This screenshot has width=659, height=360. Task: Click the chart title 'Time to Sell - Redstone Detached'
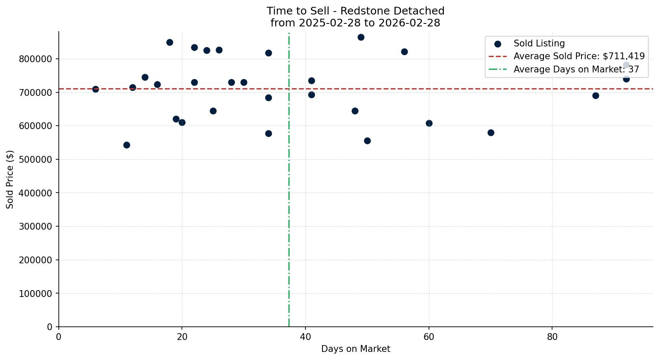pos(355,11)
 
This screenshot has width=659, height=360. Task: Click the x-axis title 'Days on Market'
pos(355,349)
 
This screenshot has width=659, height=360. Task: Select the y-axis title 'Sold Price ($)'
pos(10,179)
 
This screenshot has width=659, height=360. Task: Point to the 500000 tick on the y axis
pos(35,159)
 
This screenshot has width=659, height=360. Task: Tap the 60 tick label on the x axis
pos(429,337)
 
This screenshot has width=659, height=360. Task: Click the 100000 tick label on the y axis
pos(35,294)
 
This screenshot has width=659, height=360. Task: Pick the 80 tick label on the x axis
pos(552,337)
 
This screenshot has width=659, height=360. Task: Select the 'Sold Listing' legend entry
pos(539,43)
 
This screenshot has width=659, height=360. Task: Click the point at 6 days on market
pos(95,89)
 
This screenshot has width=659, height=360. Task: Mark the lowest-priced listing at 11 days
pos(127,145)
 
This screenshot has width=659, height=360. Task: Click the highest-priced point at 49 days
pos(361,37)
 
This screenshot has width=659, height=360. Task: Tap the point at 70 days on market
pos(491,132)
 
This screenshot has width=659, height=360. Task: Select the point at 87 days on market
pos(596,95)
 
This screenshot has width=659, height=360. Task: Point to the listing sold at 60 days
pos(429,123)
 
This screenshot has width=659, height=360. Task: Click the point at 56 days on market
pos(404,52)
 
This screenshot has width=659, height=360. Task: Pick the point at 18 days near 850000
pos(170,42)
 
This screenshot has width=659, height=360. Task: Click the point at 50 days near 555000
pos(367,141)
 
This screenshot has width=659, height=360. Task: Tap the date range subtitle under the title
pos(355,23)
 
